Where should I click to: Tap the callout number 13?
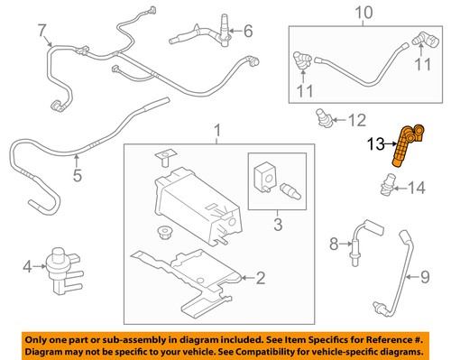pyautogui.click(x=375, y=144)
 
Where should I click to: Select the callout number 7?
pyautogui.click(x=42, y=31)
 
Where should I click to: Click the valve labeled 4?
pyautogui.click(x=64, y=270)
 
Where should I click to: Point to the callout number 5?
pyautogui.click(x=78, y=175)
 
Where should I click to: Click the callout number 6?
pyautogui.click(x=248, y=31)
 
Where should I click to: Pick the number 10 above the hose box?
pyautogui.click(x=364, y=13)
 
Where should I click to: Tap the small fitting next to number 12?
pyautogui.click(x=324, y=118)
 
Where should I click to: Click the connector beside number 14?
pyautogui.click(x=388, y=184)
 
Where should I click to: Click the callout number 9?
pyautogui.click(x=424, y=277)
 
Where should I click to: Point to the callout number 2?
pyautogui.click(x=261, y=278)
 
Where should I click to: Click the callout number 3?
pyautogui.click(x=278, y=225)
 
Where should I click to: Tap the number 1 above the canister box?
pyautogui.click(x=217, y=131)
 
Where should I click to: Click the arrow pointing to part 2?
pyautogui.click(x=248, y=278)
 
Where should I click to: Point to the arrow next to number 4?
pyautogui.click(x=39, y=266)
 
